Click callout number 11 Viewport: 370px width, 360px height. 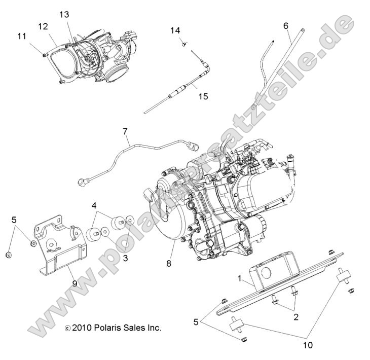click(x=21, y=36)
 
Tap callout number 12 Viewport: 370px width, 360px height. click(x=43, y=26)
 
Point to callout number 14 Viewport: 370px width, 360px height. click(x=175, y=30)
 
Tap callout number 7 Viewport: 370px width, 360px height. click(x=125, y=132)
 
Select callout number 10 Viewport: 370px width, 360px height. click(x=309, y=345)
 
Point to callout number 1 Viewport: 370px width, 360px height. click(x=239, y=278)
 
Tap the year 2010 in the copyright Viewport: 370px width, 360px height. click(x=81, y=328)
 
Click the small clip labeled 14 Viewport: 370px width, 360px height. click(x=181, y=44)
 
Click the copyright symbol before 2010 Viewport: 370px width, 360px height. click(x=68, y=329)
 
